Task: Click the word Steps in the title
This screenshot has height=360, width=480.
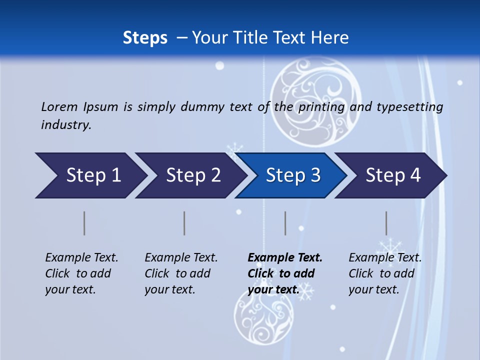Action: coord(145,37)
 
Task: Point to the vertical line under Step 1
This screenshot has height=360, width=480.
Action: coord(84,223)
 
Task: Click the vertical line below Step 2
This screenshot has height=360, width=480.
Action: coord(184,223)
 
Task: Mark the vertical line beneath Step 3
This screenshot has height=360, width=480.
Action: coord(285,223)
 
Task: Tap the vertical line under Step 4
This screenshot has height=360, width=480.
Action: coord(386,223)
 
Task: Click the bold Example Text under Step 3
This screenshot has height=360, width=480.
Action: coord(285,273)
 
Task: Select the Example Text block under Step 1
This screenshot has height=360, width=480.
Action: coord(81,273)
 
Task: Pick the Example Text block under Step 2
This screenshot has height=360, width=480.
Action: coord(181,273)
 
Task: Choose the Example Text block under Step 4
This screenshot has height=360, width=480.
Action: coord(385,273)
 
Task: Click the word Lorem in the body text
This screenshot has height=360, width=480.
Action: coord(59,106)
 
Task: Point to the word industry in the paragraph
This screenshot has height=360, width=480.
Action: coord(66,125)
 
